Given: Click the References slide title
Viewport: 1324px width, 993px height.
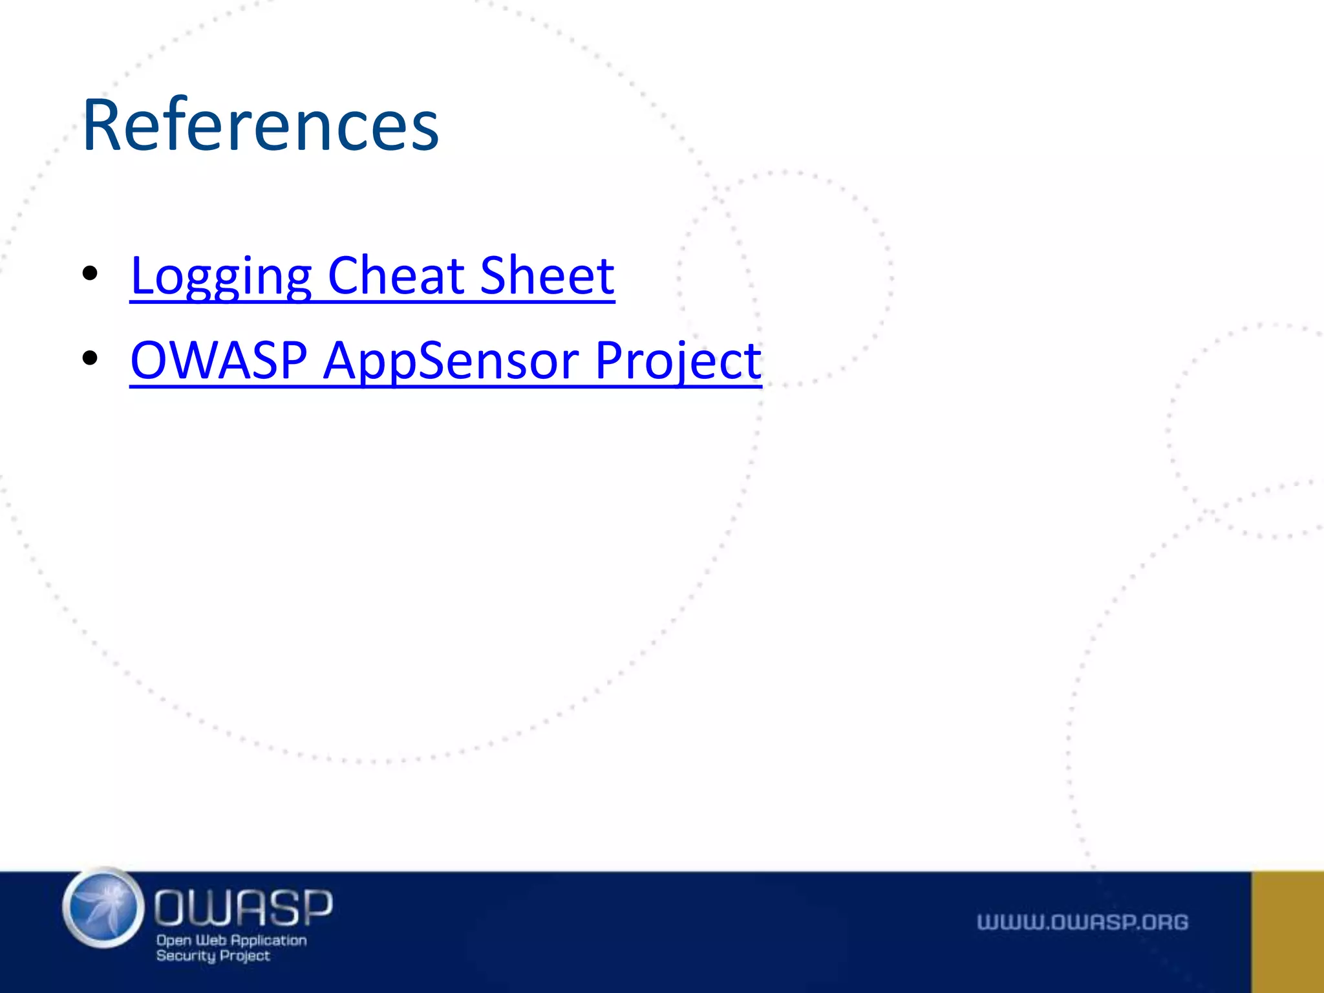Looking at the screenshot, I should pos(261,125).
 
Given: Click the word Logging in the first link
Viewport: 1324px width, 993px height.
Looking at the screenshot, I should pos(221,276).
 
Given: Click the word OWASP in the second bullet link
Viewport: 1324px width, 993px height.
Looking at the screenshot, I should pos(219,360).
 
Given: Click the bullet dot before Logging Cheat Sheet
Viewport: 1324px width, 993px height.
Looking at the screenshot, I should pos(90,273).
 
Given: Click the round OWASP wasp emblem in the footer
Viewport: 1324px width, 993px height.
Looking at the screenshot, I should pos(103,908).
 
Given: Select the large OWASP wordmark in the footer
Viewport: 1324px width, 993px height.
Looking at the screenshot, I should pos(243,907).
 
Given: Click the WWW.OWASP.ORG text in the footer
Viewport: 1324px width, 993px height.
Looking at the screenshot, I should pos(1082,922).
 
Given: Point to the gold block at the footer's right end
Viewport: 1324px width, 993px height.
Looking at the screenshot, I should pos(1287,932).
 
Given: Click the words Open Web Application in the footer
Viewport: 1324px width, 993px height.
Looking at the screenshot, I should pos(231,940).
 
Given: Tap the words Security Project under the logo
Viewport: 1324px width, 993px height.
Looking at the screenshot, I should pos(213,956).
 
